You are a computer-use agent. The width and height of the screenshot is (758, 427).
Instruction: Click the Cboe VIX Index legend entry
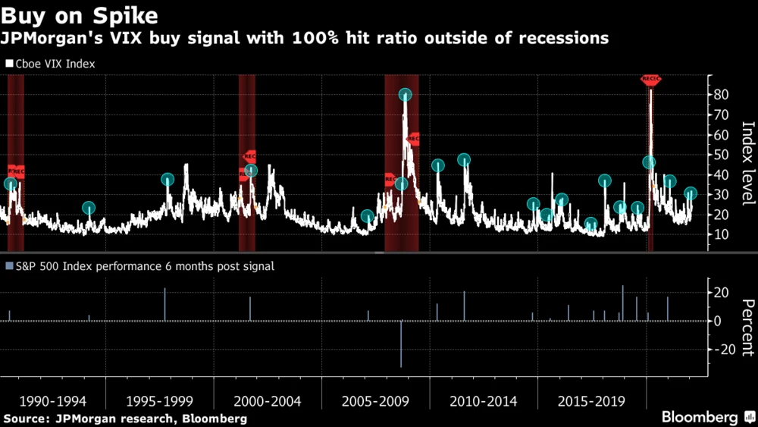pos(51,64)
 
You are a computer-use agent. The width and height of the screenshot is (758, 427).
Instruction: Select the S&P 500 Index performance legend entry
pos(140,266)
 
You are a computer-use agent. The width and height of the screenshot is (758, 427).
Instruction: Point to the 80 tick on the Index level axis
pos(719,95)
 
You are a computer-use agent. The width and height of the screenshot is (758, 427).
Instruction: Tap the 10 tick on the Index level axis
pos(719,235)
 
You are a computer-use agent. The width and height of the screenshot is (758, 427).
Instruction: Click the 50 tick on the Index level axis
pos(719,155)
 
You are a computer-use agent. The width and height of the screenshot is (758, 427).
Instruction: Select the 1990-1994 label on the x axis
pos(53,400)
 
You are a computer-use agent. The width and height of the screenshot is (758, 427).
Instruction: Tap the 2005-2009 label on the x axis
pos(377,400)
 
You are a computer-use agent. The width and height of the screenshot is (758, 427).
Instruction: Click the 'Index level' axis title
pos(747,163)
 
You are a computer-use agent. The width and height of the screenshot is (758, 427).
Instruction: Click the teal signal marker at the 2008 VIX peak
pos(405,95)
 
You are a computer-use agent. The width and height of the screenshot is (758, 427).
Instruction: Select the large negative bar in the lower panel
pos(401,344)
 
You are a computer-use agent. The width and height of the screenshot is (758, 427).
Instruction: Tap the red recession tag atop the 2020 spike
pos(650,78)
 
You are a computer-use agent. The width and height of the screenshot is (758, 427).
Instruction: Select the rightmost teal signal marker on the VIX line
pos(691,193)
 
